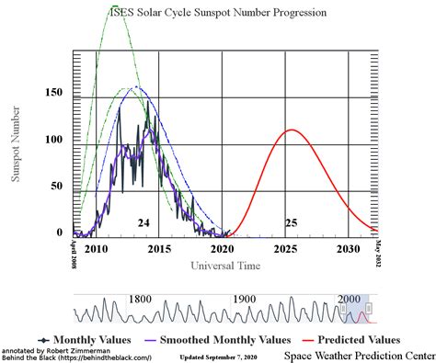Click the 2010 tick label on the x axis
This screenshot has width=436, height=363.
point(97,249)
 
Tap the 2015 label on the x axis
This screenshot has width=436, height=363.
point(159,249)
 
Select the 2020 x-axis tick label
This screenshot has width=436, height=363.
point(223,249)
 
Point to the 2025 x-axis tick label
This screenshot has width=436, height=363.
point(285,249)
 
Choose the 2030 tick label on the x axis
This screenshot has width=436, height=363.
point(348,249)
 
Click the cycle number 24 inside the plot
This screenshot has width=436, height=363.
point(143,223)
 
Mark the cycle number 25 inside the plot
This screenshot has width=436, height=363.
point(292,223)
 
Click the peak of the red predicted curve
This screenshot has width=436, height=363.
point(292,130)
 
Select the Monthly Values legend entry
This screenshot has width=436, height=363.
point(86,339)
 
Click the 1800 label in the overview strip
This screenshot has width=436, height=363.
point(140,300)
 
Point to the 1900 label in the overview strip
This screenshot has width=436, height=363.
point(244,300)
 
